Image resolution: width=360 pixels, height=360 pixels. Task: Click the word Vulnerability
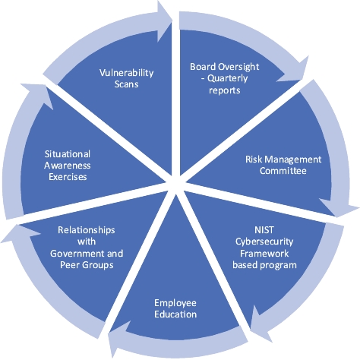(x=126, y=73)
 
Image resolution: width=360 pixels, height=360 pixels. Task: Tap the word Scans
(x=126, y=84)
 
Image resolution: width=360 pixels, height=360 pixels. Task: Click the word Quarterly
(x=228, y=78)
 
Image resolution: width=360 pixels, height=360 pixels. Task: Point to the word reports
(x=225, y=90)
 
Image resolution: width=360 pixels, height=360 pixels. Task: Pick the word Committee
(x=283, y=171)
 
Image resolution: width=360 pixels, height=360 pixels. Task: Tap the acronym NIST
(x=264, y=230)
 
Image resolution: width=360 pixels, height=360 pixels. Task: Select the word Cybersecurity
(x=264, y=242)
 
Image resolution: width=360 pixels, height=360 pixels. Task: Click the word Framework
(x=264, y=254)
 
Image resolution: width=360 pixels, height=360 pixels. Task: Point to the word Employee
(x=175, y=303)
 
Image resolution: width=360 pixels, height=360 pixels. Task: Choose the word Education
(x=175, y=314)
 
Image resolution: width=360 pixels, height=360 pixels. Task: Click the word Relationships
(x=87, y=230)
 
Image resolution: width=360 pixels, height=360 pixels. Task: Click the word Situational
(x=68, y=154)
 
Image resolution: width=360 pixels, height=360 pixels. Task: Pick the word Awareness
(x=68, y=166)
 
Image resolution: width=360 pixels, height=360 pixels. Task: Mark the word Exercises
(x=68, y=177)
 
